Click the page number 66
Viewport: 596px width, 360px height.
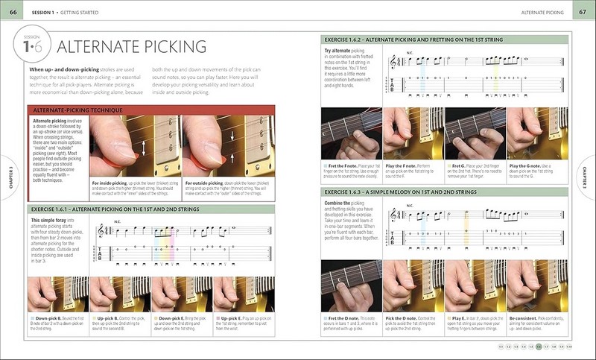tap(13, 13)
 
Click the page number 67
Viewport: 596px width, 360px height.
tap(582, 13)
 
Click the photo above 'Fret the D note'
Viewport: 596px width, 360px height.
tap(351, 287)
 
